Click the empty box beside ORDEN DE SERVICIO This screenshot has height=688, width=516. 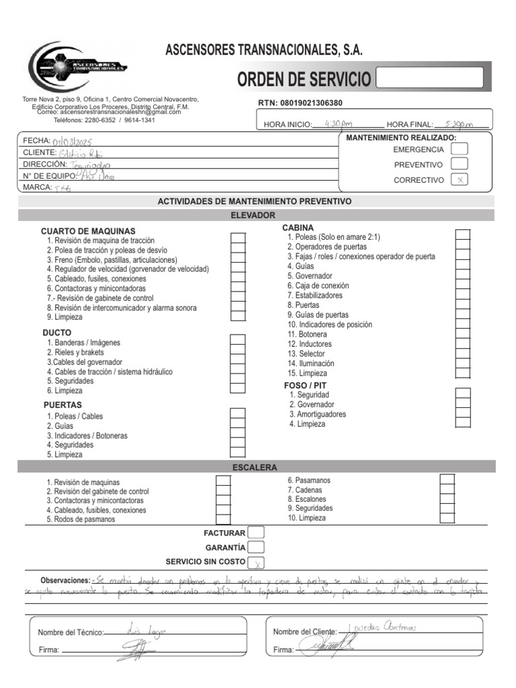click(x=429, y=78)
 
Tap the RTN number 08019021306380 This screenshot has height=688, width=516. click(x=310, y=103)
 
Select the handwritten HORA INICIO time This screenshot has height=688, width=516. click(x=337, y=124)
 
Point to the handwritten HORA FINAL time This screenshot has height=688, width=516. click(x=459, y=124)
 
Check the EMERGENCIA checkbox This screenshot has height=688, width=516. click(x=460, y=149)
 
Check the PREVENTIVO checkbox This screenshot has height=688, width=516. click(x=460, y=164)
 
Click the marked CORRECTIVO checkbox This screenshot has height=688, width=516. click(x=460, y=179)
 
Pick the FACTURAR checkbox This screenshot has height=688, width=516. click(x=256, y=533)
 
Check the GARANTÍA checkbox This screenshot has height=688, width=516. click(x=256, y=548)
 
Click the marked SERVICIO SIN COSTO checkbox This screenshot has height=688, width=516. click(x=256, y=562)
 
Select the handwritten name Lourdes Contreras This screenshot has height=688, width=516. click(x=384, y=628)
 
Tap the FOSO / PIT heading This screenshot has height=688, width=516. click(x=305, y=385)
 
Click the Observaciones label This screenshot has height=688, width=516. click(x=65, y=580)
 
